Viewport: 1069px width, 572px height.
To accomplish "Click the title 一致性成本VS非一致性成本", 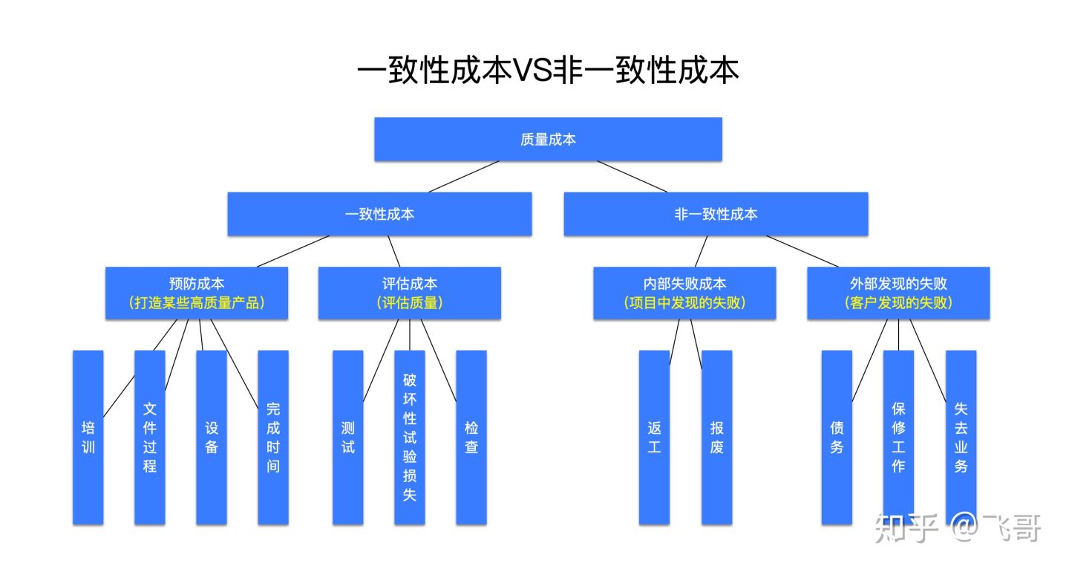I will click(x=548, y=71).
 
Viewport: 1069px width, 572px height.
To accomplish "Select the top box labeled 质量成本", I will click(x=548, y=139).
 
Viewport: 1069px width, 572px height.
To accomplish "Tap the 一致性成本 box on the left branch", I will click(x=379, y=214).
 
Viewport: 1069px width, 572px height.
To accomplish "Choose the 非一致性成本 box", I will click(x=716, y=214).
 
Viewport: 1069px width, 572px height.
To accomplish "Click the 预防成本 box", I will click(x=197, y=293).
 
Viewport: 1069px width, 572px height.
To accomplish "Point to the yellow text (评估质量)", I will click(x=409, y=303).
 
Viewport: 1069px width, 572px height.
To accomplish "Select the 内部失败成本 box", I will click(x=684, y=293).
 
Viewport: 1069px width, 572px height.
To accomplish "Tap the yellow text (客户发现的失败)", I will click(x=898, y=303).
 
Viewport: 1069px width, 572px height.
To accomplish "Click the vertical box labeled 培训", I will click(x=88, y=438).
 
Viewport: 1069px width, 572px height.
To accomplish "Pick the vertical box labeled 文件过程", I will click(x=150, y=438).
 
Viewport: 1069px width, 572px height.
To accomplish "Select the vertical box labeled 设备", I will click(x=212, y=438).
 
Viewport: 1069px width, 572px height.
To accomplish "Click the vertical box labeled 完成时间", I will click(x=273, y=438).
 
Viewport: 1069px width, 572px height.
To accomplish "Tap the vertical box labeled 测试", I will click(x=347, y=438).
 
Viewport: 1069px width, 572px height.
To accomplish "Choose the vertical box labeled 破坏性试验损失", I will click(x=409, y=438).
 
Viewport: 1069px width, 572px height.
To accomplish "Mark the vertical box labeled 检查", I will click(x=471, y=438).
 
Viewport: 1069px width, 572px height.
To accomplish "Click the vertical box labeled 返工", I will click(x=654, y=438).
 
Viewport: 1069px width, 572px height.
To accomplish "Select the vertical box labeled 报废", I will click(x=716, y=438).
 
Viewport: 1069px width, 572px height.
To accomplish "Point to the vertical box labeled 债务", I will click(x=837, y=438).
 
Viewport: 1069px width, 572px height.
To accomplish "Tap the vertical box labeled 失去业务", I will click(x=961, y=438).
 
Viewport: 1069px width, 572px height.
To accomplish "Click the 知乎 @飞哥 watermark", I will click(x=958, y=528).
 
